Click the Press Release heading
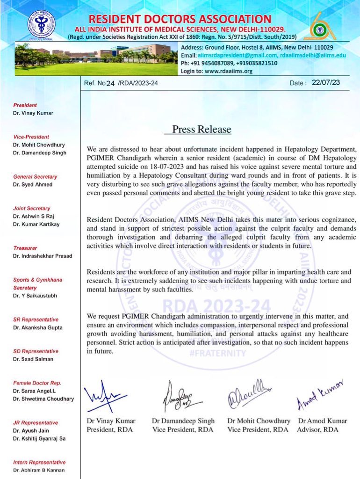[202, 129]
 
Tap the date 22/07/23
[324, 83]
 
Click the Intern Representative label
[39, 462]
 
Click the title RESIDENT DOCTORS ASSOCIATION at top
[180, 19]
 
